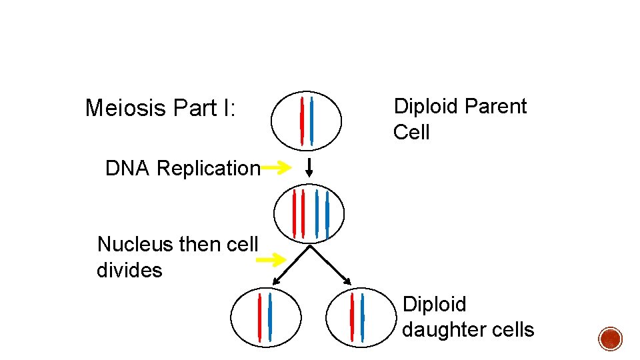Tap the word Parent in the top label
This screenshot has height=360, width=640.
(x=496, y=107)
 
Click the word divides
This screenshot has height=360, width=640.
(x=129, y=271)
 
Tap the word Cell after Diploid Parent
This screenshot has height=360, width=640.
(x=411, y=133)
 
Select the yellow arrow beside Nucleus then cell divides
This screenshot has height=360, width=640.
(x=272, y=259)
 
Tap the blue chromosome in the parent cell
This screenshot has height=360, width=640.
(x=311, y=121)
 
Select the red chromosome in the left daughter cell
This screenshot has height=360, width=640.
(x=259, y=317)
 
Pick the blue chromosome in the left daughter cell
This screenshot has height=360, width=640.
(x=269, y=317)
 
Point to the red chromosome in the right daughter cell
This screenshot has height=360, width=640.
(x=351, y=317)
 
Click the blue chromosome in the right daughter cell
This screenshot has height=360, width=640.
(x=361, y=317)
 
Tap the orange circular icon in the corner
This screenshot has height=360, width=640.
(x=610, y=339)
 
